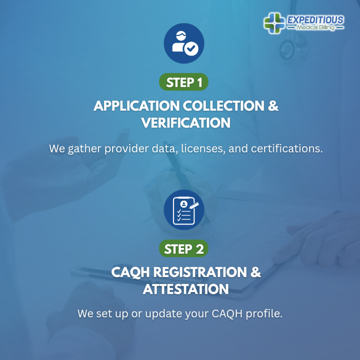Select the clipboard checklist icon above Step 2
184,210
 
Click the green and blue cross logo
274,23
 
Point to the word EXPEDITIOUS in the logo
315,20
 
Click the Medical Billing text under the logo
315,28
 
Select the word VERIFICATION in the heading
186,123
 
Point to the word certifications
287,149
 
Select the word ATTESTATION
186,289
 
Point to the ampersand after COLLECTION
273,105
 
